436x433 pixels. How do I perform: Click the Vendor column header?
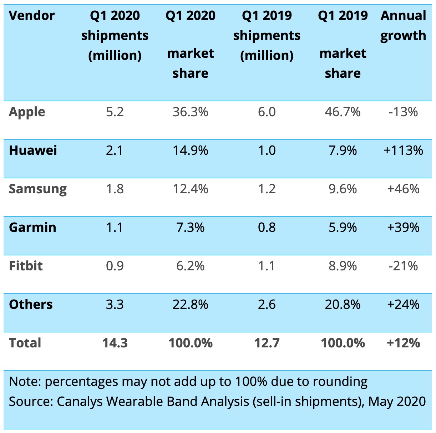31,16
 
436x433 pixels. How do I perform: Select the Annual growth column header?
403,26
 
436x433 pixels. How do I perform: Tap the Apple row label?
27,112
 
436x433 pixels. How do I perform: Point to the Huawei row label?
33,150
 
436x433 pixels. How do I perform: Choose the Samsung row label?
38,189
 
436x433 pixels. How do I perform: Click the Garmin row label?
32,227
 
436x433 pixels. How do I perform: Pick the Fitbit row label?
26,266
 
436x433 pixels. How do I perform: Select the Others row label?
31,304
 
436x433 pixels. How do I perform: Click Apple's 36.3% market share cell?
190,112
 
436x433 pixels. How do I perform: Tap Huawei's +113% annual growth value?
403,150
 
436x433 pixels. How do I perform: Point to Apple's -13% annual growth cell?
403,112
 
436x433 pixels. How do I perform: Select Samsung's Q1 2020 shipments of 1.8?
115,189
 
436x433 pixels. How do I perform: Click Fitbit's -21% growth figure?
403,266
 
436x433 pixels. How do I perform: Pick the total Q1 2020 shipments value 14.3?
115,343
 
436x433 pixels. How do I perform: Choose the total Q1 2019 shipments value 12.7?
267,343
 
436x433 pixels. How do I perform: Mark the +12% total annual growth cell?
403,343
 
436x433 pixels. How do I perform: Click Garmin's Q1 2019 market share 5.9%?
343,227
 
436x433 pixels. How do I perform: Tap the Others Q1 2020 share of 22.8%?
190,304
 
